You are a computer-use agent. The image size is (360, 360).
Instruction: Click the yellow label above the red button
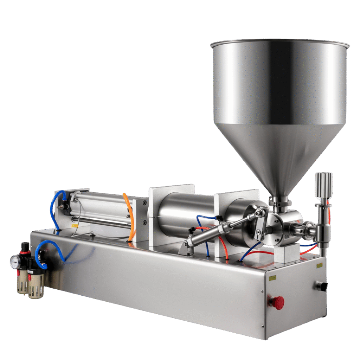click(272, 278)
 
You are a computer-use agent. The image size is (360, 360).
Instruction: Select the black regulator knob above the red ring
click(24, 246)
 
